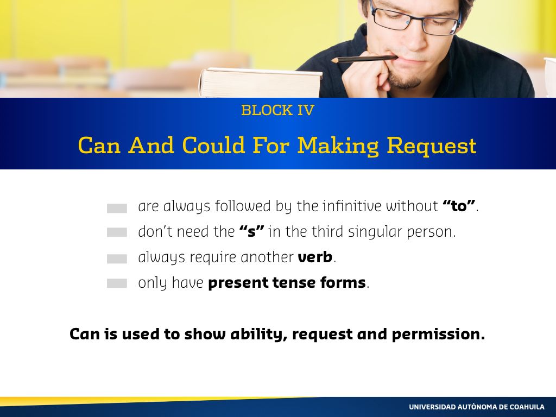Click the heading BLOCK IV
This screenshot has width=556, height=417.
[277, 110]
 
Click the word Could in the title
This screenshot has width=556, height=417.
[213, 145]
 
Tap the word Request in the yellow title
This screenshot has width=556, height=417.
[431, 146]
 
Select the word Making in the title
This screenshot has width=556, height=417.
[338, 146]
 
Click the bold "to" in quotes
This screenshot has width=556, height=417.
[459, 206]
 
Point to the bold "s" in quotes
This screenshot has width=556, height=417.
[252, 231]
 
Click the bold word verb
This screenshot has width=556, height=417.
[315, 257]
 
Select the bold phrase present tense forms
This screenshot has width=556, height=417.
[287, 282]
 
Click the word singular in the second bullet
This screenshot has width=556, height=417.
[375, 232]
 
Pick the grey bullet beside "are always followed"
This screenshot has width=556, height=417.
[117, 208]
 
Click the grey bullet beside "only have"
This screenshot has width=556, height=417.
[117, 283]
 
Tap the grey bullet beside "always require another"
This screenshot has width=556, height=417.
[117, 259]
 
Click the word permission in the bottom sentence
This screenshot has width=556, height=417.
[438, 334]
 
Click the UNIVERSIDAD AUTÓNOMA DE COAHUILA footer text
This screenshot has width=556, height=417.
[477, 407]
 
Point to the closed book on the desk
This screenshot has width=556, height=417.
[261, 83]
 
